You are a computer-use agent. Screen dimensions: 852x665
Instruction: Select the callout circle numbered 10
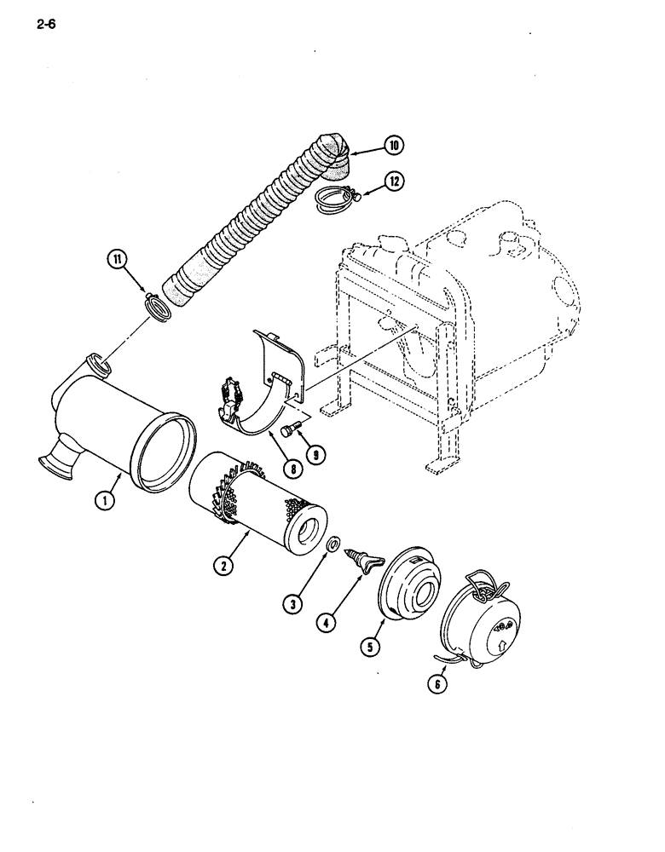coord(394,146)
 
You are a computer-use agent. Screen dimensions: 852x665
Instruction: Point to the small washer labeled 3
coord(333,543)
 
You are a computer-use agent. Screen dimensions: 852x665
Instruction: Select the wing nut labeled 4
coord(359,561)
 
